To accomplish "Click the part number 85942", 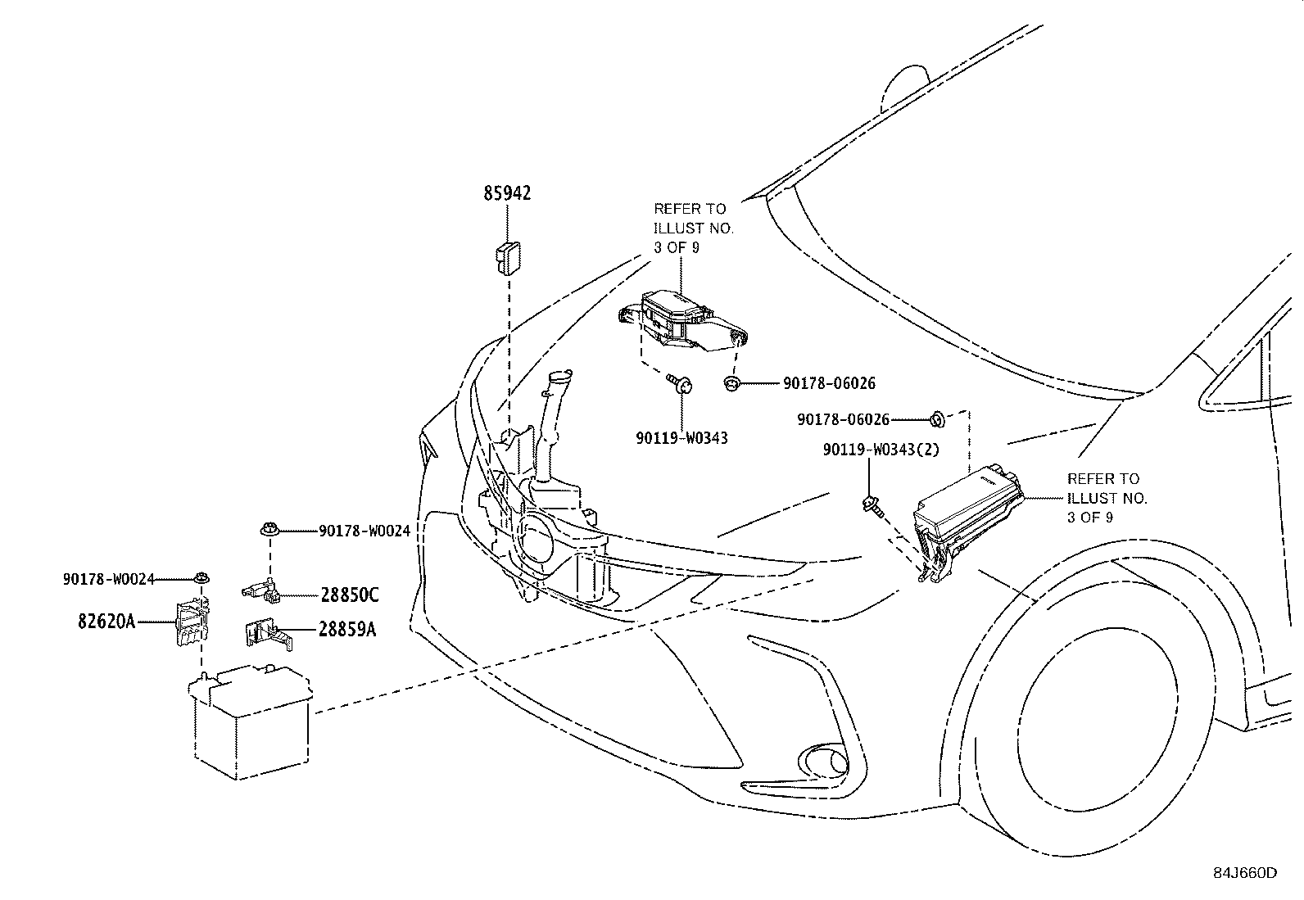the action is coord(507,193).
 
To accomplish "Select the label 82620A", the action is coord(106,622).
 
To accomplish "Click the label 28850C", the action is coord(349,595).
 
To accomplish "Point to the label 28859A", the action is coord(347,629).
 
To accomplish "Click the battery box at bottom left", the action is coord(251,721).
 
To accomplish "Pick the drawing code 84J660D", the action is coord(1245,873).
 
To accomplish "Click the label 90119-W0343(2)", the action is coord(881,450).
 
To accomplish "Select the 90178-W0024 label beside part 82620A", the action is coord(109,579).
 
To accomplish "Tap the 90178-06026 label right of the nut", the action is coord(829,383).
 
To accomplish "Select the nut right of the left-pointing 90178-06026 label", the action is coord(937,418).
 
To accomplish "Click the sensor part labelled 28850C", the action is coord(260,591).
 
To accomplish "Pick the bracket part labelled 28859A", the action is coord(268,634).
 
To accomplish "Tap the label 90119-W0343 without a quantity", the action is coord(681,438).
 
